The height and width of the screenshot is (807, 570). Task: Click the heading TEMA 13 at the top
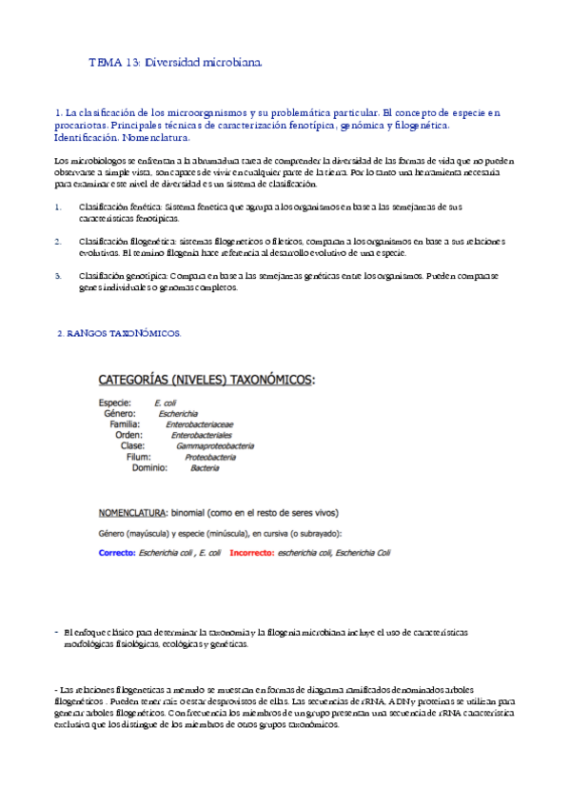(x=174, y=63)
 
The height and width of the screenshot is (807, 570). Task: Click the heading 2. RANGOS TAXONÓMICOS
(x=119, y=333)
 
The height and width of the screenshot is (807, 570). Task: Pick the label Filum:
(x=139, y=457)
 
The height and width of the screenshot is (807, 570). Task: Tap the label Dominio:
(x=149, y=467)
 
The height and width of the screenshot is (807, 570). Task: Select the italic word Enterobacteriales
(x=202, y=435)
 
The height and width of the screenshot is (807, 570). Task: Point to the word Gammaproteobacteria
(x=214, y=445)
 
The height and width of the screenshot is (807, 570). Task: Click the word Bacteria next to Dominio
(x=204, y=467)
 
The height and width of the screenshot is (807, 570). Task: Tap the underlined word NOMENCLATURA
(x=133, y=512)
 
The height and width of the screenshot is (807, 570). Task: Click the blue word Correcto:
(x=117, y=552)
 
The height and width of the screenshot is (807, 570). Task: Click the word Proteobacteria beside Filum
(x=210, y=457)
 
